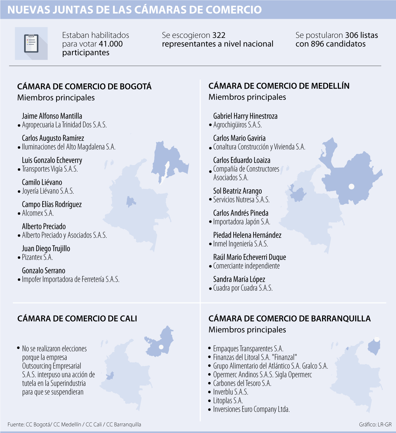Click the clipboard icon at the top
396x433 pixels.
(31, 43)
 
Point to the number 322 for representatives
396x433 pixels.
(219, 35)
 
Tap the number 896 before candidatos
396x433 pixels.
(317, 44)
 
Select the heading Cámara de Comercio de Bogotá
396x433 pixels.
(84, 86)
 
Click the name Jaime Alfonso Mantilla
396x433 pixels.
(52, 116)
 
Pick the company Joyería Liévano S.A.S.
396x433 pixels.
(48, 191)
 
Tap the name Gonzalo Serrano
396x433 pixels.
(44, 271)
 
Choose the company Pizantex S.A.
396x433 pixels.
(37, 257)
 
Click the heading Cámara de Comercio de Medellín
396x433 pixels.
(279, 86)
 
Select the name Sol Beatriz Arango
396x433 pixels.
(237, 191)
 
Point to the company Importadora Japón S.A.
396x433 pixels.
(242, 222)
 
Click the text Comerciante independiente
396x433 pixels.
(246, 266)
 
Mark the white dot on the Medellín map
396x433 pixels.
(351, 187)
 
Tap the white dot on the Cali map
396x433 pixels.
(161, 347)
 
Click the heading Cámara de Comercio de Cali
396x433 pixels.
(77, 318)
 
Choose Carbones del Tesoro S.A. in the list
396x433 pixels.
(242, 383)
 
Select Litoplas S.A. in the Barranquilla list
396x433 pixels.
(228, 401)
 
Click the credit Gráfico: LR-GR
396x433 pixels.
(375, 424)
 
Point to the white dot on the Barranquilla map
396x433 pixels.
(377, 339)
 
